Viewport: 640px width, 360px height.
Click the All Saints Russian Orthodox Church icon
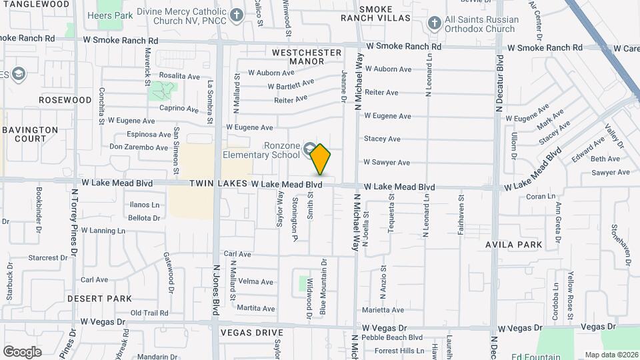pos(435,23)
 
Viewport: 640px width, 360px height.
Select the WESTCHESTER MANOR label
pos(307,57)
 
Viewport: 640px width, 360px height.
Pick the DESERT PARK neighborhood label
pos(99,299)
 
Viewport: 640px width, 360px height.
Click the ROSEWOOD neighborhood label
pos(65,100)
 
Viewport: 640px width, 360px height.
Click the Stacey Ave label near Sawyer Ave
pos(382,139)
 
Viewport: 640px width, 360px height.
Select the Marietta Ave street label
pos(383,310)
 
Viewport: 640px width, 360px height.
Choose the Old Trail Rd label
pos(149,313)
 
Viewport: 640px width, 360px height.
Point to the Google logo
pos(22,351)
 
